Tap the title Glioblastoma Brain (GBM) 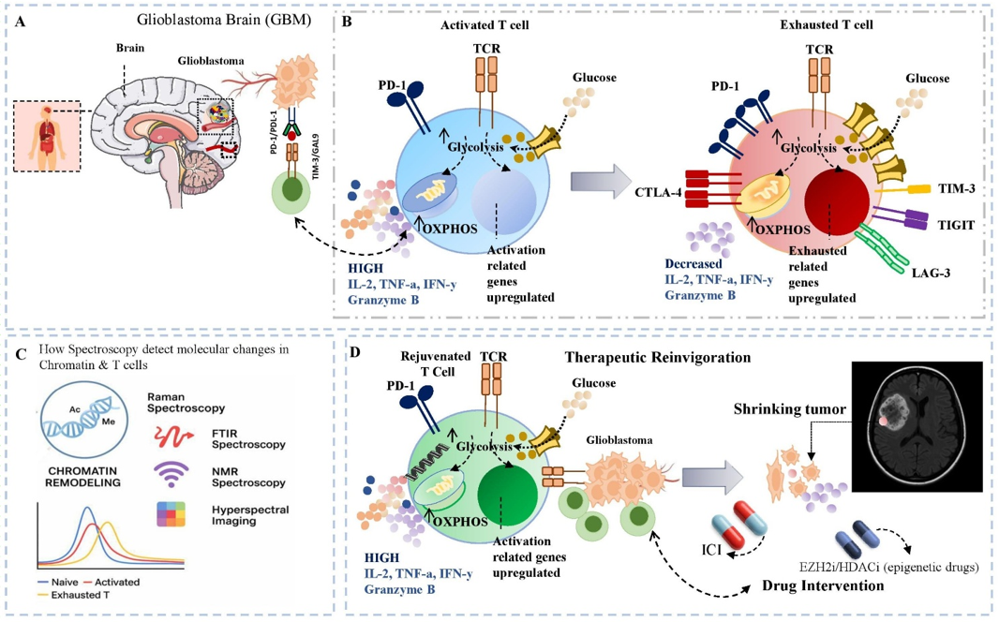pyautogui.click(x=222, y=18)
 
